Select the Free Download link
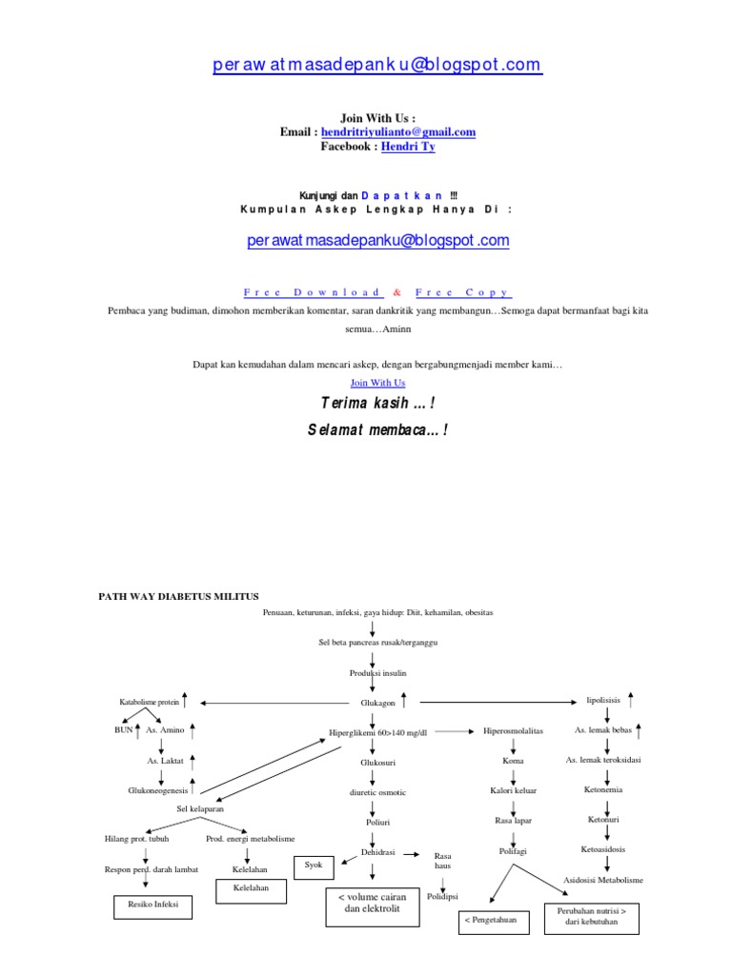pos(313,292)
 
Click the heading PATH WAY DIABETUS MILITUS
pos(179,595)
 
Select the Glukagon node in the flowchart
pos(376,703)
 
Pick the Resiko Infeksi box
pos(152,905)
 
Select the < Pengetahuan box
pos(494,921)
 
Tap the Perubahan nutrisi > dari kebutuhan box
pos(592,916)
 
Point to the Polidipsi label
pos(443,897)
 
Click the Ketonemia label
pos(603,789)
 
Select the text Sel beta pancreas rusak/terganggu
pos(372,643)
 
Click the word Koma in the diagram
pos(513,761)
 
